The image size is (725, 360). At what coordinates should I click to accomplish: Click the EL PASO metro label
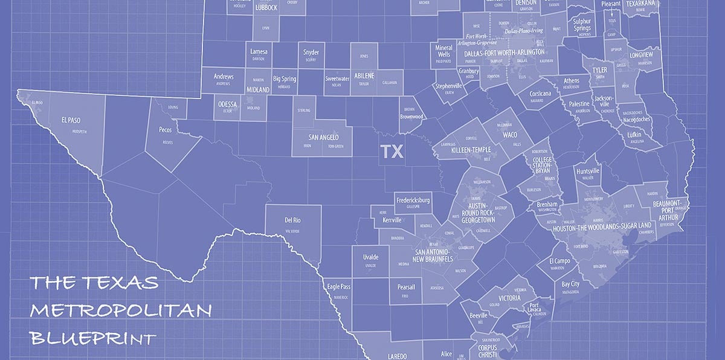click(x=71, y=120)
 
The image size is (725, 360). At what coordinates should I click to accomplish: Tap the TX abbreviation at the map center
click(x=391, y=151)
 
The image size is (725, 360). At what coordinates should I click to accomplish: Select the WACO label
click(x=510, y=135)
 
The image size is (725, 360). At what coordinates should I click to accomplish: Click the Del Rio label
click(x=292, y=220)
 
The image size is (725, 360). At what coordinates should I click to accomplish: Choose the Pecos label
click(x=166, y=130)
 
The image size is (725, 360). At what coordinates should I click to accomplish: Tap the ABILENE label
click(x=364, y=75)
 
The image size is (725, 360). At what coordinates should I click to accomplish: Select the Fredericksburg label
click(x=413, y=200)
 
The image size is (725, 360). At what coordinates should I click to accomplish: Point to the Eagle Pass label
click(x=338, y=287)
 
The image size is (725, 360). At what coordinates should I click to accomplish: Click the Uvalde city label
click(x=370, y=257)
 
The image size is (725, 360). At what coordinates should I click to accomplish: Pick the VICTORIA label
click(x=509, y=298)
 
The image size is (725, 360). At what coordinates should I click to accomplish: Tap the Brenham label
click(x=547, y=205)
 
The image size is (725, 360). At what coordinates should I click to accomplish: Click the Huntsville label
click(x=588, y=171)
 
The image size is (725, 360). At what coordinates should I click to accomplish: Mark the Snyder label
click(x=311, y=53)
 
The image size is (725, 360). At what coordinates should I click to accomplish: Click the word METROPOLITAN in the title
click(x=121, y=310)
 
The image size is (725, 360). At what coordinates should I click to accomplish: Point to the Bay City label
click(x=570, y=284)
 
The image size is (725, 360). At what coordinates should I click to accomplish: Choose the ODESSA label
click(x=227, y=104)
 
